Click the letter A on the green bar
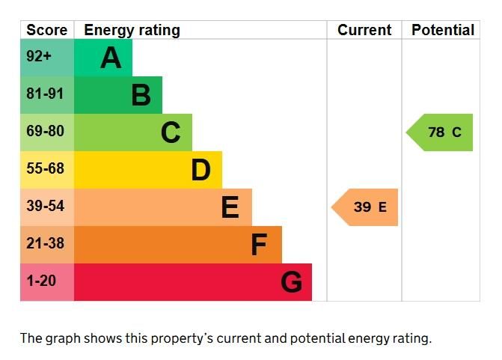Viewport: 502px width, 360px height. click(x=111, y=58)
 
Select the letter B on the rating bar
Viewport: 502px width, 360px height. click(x=141, y=95)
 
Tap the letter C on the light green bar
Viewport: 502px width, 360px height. click(x=171, y=132)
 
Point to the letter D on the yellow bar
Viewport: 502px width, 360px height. click(x=201, y=170)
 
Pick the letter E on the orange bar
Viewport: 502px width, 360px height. click(x=230, y=207)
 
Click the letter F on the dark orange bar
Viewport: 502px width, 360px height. click(x=259, y=245)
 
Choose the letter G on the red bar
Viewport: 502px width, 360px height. click(x=291, y=282)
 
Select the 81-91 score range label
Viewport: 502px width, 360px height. click(x=45, y=94)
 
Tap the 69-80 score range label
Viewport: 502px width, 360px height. click(x=45, y=132)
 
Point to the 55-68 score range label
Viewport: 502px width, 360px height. click(x=45, y=169)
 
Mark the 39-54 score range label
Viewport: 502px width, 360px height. click(x=45, y=207)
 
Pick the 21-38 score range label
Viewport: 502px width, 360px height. click(x=45, y=244)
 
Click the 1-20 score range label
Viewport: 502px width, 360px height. click(x=41, y=281)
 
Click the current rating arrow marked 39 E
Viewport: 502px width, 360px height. click(x=366, y=207)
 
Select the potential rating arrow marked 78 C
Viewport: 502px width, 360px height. click(x=441, y=132)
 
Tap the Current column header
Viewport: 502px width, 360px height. click(x=364, y=30)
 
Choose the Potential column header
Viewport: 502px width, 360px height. click(x=443, y=30)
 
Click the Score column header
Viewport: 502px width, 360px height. click(x=46, y=30)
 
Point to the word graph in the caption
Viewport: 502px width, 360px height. click(x=62, y=338)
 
